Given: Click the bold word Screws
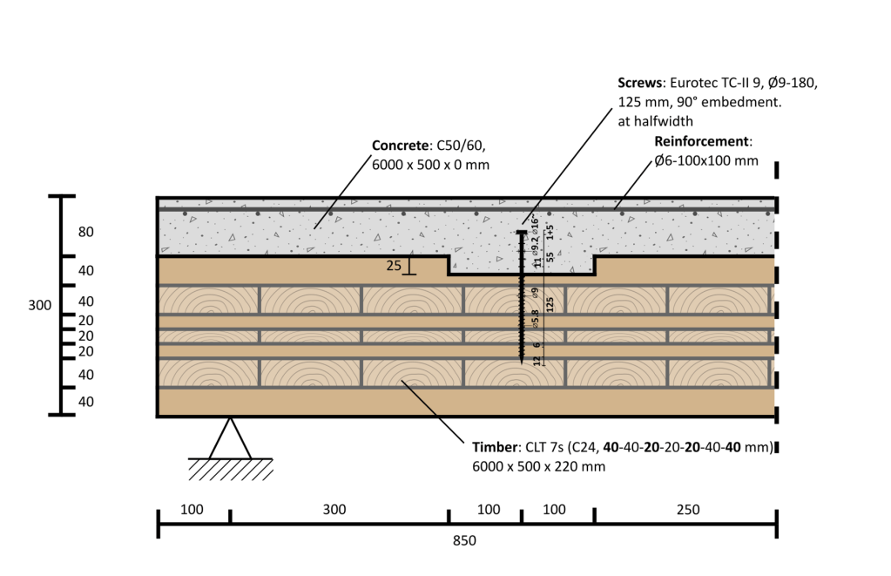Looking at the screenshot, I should coord(639,84).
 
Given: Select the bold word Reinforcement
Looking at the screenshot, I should coord(700,141).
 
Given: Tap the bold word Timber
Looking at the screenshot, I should coord(495,448).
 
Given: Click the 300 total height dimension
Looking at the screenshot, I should coord(39,306).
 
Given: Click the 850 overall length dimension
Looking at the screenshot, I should coord(465,541).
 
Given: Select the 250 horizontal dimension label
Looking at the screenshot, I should coord(687,510).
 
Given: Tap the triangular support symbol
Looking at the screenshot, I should coord(229,439).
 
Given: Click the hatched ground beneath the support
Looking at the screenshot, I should coord(230,469).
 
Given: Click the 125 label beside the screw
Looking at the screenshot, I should coord(550,305).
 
